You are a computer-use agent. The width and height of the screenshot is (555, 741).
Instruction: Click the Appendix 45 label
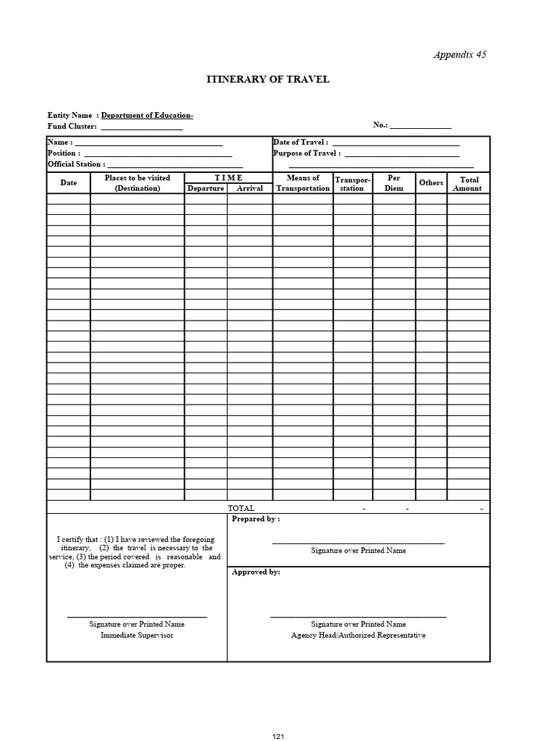[x=459, y=54]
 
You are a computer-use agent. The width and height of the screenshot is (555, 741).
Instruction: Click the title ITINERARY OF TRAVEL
[x=268, y=79]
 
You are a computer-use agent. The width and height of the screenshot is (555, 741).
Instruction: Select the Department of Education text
[x=147, y=115]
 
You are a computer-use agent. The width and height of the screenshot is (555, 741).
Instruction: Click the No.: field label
[x=381, y=125]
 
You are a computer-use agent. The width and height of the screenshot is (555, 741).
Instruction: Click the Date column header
[x=69, y=183]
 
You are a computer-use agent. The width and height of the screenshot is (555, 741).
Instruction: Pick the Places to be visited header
[x=137, y=178]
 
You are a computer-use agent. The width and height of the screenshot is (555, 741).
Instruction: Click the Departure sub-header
[x=206, y=188]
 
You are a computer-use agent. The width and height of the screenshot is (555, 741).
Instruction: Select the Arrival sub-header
[x=249, y=188]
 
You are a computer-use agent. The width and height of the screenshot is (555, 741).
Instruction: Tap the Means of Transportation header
[x=303, y=183]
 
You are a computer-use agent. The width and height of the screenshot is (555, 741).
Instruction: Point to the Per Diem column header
[x=394, y=183]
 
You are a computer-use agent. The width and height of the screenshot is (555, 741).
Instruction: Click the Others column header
[x=431, y=183]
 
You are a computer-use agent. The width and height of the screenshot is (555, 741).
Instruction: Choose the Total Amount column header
[x=468, y=184]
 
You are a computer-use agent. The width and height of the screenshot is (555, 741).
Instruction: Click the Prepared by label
[x=255, y=519]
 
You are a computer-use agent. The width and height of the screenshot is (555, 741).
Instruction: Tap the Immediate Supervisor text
[x=137, y=635]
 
